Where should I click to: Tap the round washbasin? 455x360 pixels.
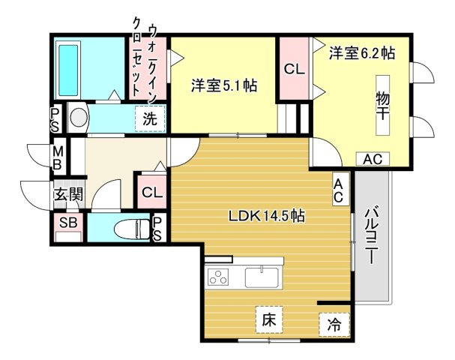[78, 117]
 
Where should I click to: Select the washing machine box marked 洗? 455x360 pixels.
[150, 118]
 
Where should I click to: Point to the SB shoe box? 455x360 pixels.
[68, 223]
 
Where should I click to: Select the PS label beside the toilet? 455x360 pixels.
[158, 228]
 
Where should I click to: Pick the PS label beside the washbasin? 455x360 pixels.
[56, 118]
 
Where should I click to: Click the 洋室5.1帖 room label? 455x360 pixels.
[223, 85]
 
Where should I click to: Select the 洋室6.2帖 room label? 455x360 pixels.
[362, 53]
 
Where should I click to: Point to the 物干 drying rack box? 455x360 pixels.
[383, 106]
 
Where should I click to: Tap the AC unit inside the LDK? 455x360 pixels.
[339, 190]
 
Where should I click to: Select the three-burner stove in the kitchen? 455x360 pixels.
[219, 278]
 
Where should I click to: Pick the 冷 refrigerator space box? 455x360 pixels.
[334, 325]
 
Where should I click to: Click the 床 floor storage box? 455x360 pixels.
[269, 319]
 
